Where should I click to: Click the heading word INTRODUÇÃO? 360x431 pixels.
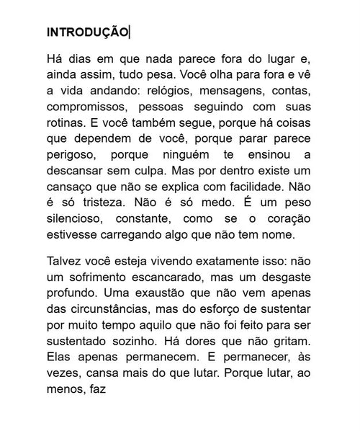click(x=87, y=32)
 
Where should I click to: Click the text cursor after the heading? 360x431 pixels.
click(x=130, y=32)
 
